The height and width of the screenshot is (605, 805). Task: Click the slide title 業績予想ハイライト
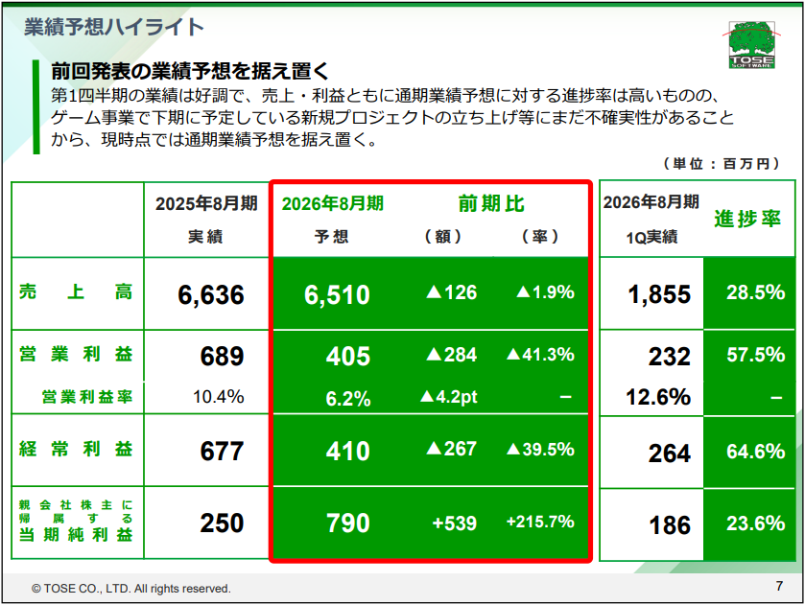pos(113,27)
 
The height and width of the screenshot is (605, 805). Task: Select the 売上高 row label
pos(76,293)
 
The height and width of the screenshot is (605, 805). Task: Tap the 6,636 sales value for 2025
pos(211,294)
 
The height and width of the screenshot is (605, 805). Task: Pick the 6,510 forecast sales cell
pos(337,294)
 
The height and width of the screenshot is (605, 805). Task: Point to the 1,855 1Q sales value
pos(659,294)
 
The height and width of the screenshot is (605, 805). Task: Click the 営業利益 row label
pos(76,355)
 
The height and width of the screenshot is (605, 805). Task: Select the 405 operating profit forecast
pos(347,357)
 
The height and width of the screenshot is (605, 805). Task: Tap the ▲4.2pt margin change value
pos(449,397)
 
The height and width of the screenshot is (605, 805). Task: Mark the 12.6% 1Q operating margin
pos(658,397)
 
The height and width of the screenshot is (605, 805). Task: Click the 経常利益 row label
pos(76,449)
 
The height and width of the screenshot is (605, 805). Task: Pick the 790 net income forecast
pos(347,524)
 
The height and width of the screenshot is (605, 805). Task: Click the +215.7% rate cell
pos(540,523)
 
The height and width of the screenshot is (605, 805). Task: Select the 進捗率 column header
pos(747,219)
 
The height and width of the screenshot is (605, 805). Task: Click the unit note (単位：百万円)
pos(715,165)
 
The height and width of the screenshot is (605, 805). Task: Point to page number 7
pos(778,586)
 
